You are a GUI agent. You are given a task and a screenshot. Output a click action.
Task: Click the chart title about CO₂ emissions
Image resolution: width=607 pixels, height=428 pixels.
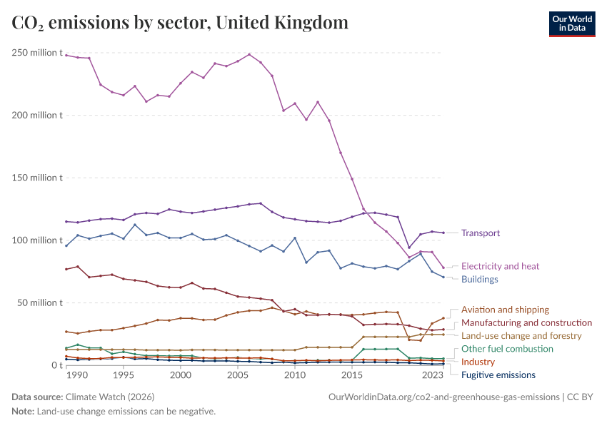[x=180, y=23]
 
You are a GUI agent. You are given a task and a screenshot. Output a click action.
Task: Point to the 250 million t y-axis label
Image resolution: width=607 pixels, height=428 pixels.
[x=36, y=53]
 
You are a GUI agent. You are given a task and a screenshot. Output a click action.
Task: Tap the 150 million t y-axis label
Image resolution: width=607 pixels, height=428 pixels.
[x=36, y=178]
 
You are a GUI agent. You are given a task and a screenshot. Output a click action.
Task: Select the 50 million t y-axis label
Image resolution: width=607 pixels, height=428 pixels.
[x=39, y=302]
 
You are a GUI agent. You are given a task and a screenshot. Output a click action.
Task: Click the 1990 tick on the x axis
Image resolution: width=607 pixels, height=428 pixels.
[x=77, y=375]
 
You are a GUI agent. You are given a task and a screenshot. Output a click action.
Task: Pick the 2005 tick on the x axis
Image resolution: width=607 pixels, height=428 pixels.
[x=237, y=375]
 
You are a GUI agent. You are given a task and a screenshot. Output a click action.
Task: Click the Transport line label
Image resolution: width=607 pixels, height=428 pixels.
[x=480, y=233]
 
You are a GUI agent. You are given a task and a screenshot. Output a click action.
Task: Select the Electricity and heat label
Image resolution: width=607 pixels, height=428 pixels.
[x=500, y=266]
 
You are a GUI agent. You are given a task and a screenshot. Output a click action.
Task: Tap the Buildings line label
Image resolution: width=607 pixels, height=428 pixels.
[x=479, y=279]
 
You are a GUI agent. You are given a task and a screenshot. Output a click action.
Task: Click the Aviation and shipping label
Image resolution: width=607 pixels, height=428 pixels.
[x=505, y=310]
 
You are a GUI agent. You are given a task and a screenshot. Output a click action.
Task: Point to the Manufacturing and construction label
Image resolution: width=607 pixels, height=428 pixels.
[x=526, y=323]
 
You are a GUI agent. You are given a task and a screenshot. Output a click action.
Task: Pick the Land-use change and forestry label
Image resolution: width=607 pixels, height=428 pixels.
[x=521, y=335]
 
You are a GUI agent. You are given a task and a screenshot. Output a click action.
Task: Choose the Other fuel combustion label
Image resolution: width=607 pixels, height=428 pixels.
[x=507, y=349]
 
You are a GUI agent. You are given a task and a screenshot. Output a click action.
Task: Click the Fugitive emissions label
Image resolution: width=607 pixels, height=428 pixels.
[x=498, y=374]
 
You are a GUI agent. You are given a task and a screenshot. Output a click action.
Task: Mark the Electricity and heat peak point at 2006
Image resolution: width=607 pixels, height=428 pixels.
[x=249, y=54]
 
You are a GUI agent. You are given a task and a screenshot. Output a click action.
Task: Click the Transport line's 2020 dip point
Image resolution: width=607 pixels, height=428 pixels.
[x=409, y=248]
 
